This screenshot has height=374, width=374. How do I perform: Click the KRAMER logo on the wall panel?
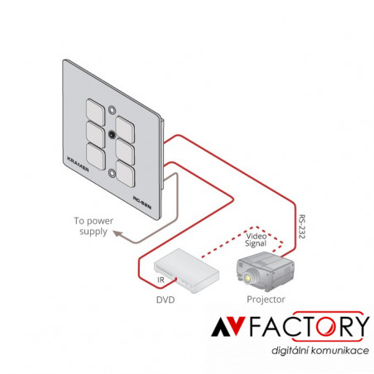78,164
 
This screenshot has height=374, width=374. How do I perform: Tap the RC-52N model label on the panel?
142,203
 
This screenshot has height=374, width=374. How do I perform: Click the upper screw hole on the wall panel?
112,110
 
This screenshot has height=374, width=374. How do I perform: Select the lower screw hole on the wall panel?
112,173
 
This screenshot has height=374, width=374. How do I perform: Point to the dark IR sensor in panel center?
112,135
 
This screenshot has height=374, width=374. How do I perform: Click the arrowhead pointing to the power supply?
117,234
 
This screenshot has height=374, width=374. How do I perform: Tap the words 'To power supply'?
93,226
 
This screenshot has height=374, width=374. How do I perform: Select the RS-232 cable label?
302,227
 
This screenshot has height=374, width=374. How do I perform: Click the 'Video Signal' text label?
256,240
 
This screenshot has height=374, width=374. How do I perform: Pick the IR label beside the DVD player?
161,280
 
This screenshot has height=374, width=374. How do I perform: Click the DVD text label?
165,300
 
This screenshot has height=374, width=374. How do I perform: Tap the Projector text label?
266,300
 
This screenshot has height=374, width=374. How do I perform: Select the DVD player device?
186,271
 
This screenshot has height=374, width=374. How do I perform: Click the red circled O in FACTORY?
326,326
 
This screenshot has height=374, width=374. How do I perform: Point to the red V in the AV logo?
236,326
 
